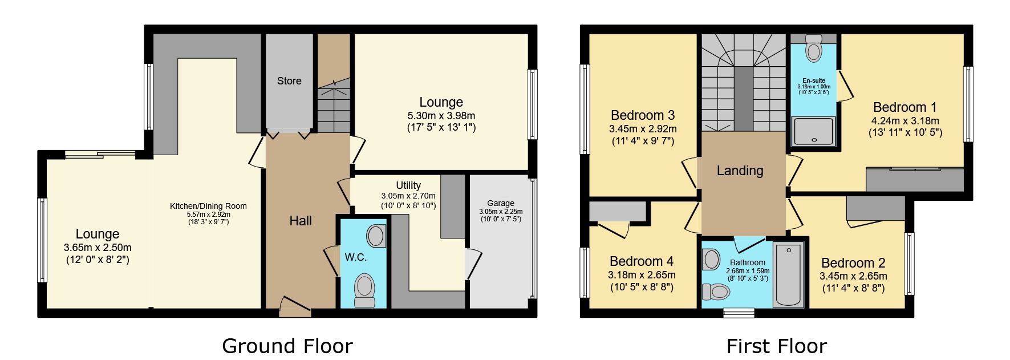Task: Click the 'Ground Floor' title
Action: tap(287, 346)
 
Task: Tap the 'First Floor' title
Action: tap(776, 346)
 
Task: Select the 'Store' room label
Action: tap(289, 81)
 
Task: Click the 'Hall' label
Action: tap(301, 221)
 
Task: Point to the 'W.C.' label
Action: tap(355, 257)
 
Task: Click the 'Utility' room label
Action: tap(408, 185)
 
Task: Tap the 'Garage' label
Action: tap(501, 203)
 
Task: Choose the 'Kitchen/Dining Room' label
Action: tap(208, 206)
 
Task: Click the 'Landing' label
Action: tap(740, 171)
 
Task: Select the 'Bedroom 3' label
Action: tap(643, 116)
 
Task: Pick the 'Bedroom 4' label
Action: tap(642, 261)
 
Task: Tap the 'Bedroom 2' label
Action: tap(853, 263)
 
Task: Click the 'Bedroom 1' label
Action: tap(905, 107)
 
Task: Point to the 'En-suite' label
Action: tap(814, 80)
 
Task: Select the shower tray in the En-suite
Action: tap(814, 131)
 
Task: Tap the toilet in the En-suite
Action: tap(814, 49)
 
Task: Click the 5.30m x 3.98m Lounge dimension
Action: tap(441, 116)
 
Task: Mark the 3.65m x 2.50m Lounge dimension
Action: tap(98, 248)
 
